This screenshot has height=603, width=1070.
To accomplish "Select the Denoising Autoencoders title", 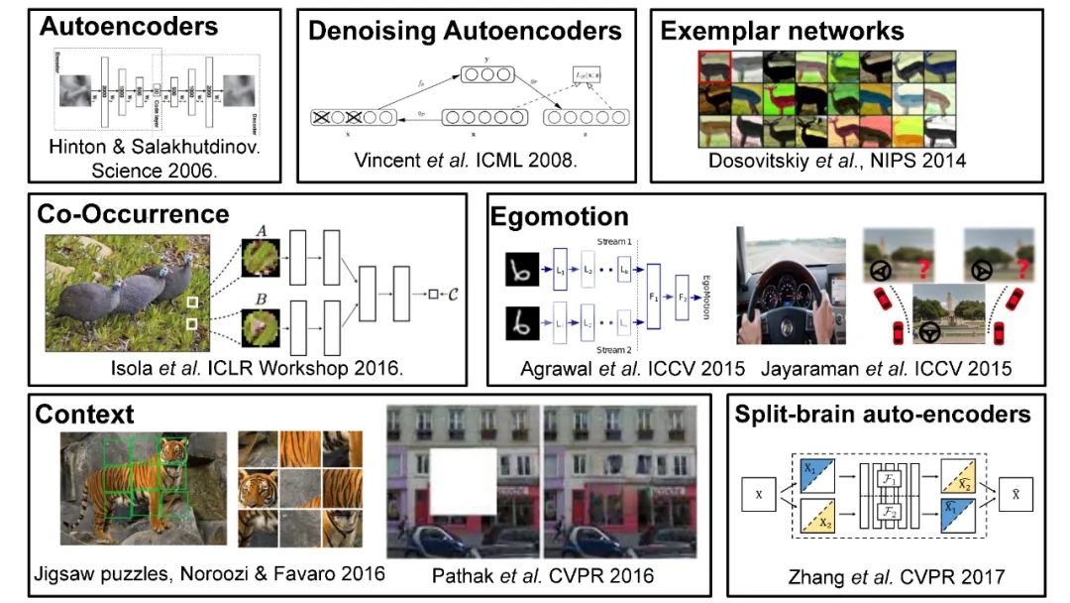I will pos(465,31).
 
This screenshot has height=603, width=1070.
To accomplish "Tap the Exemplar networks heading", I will pos(782,31).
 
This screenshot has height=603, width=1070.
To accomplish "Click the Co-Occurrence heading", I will pos(133,213).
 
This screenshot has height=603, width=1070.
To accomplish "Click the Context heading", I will pos(84,413).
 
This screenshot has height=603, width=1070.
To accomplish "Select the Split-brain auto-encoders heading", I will pos(883,414).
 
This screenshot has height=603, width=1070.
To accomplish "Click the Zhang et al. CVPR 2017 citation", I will pos(883,573).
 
